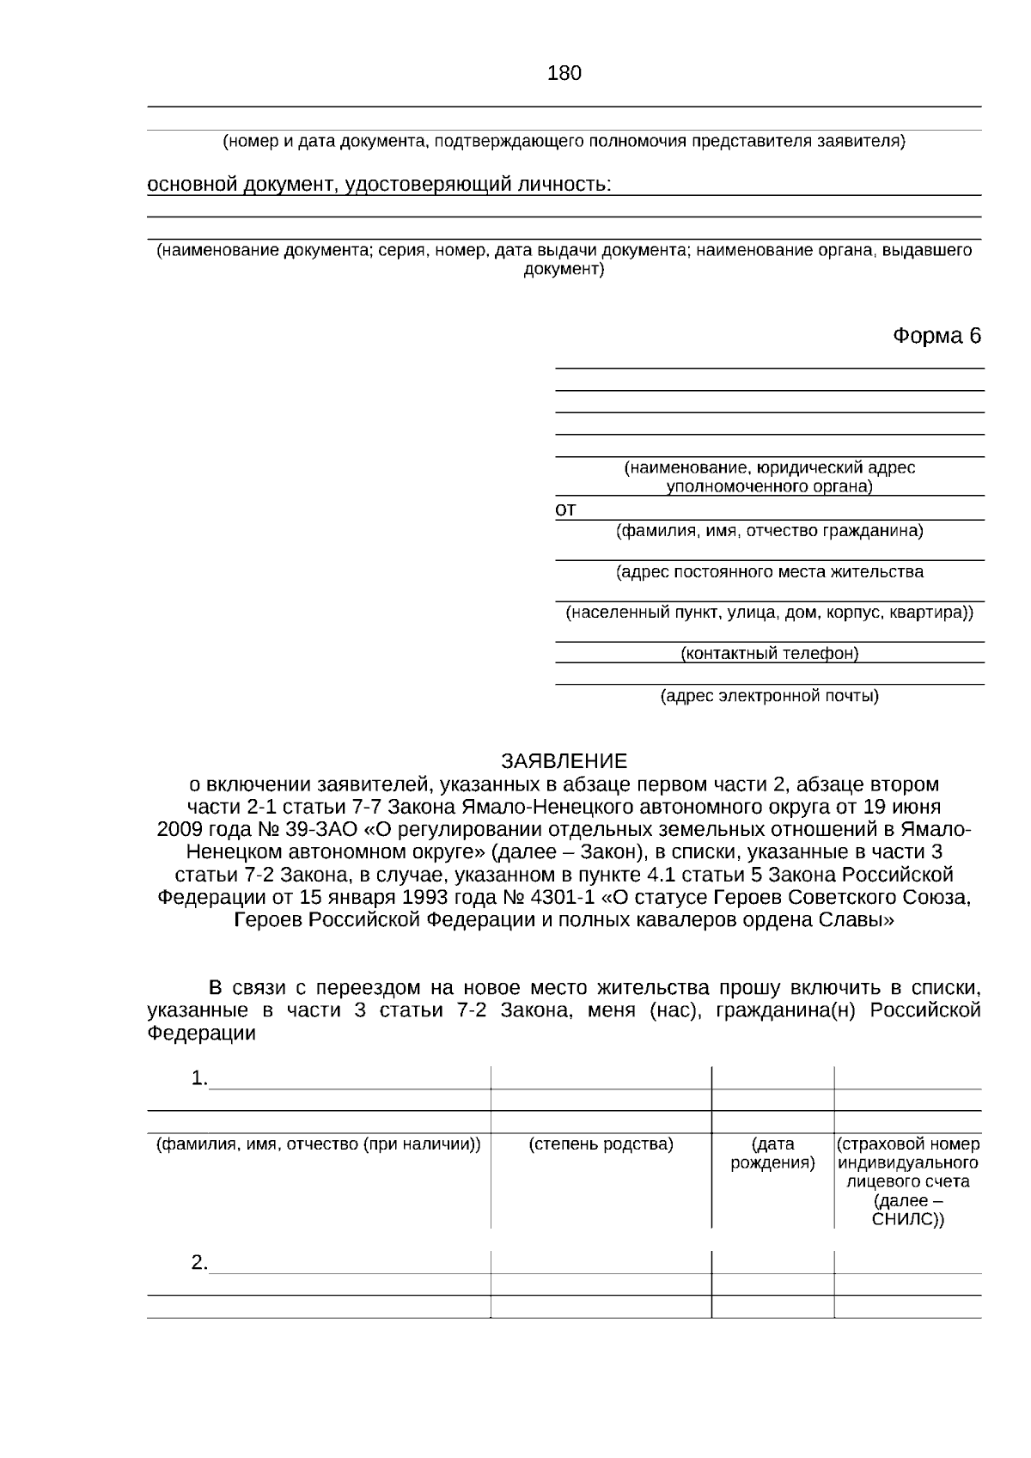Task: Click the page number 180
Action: pos(564,73)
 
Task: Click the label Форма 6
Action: pos(936,335)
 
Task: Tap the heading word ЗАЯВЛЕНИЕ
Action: pos(564,761)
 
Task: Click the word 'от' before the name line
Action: pos(565,510)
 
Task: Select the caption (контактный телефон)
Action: pos(769,654)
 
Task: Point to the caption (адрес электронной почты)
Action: pos(769,696)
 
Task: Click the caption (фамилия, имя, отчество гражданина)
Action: pos(769,531)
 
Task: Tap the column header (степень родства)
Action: pos(601,1144)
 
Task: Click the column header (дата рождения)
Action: pos(772,1154)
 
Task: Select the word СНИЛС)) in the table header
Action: pos(907,1220)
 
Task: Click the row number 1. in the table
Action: pos(199,1078)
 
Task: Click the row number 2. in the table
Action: pos(199,1263)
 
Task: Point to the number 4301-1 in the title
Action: pos(564,898)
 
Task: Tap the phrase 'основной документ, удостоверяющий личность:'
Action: pos(379,185)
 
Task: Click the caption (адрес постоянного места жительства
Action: pos(769,572)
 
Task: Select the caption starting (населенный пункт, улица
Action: pos(769,613)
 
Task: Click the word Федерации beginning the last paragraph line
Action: pos(201,1034)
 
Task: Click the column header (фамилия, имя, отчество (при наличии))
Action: pos(318,1144)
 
